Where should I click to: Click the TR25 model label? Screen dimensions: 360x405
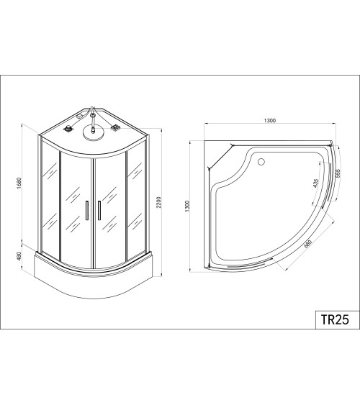coord(335,319)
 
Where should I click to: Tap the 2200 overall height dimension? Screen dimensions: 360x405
coord(158,202)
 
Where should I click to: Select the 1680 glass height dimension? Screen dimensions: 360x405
coord(18,183)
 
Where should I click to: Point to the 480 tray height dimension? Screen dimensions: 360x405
coord(19,256)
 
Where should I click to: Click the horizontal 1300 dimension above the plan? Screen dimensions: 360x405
coord(270,120)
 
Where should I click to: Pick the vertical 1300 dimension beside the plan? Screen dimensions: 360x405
coord(187,206)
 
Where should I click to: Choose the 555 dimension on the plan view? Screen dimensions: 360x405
coord(338,173)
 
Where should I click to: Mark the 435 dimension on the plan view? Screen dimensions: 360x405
coord(315,183)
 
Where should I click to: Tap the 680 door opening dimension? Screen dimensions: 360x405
coord(308,244)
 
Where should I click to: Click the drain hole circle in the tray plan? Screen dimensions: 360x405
coord(261,162)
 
